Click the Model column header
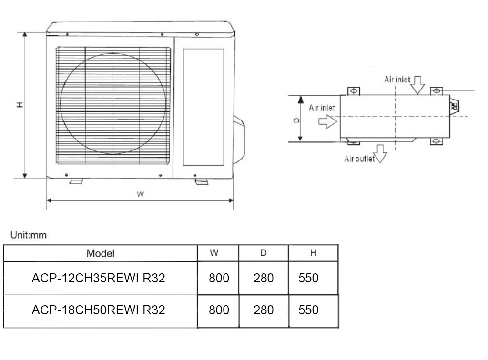pos(100,253)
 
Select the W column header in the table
pos(214,253)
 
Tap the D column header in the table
pos(263,253)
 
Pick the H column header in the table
pos(313,253)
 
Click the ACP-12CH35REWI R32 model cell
pos(98,278)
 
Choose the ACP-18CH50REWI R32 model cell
pos(98,310)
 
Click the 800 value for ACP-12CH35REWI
pos(219,278)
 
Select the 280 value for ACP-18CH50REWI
pos(263,310)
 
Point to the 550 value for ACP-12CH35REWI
pos(308,278)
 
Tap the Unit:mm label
pos(28,235)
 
